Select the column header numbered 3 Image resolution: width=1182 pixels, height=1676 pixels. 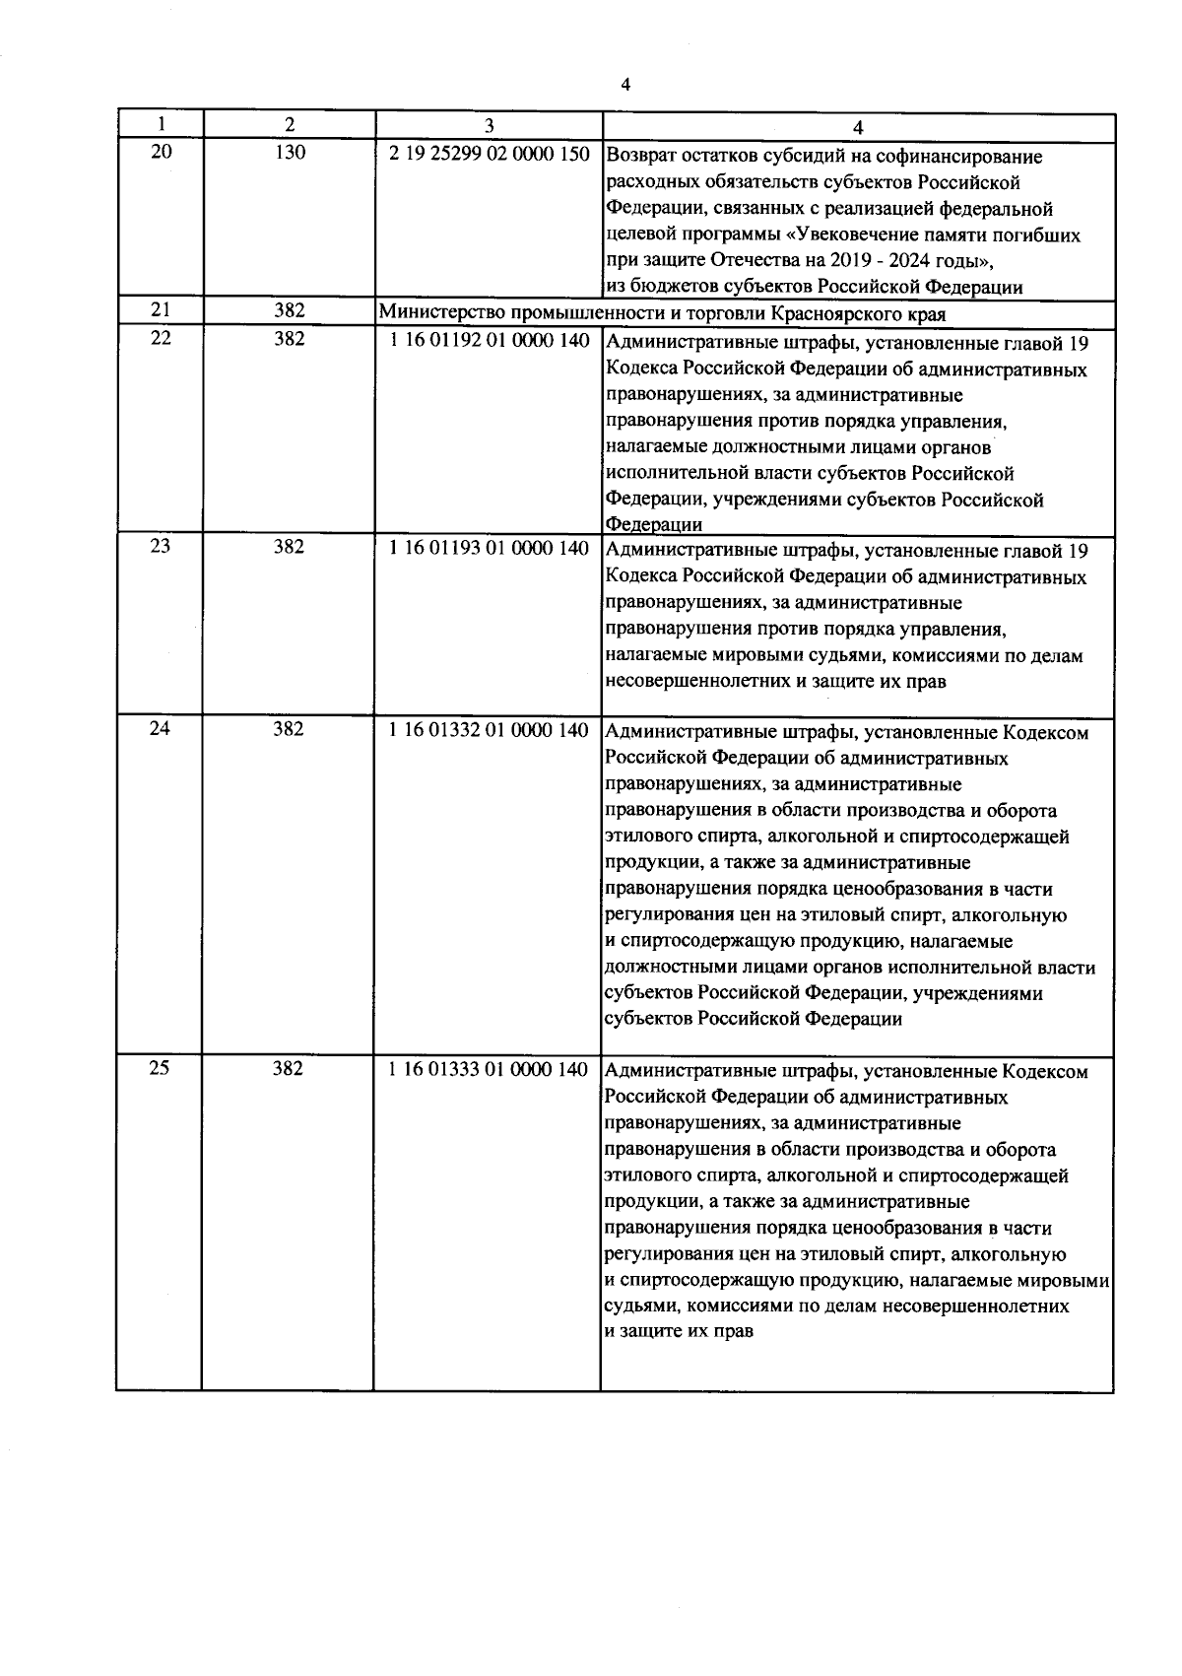tap(489, 125)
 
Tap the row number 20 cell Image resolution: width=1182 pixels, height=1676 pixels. tap(160, 152)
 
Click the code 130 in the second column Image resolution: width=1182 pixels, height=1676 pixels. tap(289, 152)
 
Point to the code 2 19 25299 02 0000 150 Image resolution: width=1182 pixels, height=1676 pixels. tap(490, 155)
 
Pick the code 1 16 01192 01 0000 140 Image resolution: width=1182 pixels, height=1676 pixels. tap(490, 341)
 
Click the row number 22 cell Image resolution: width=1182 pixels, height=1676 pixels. tap(160, 339)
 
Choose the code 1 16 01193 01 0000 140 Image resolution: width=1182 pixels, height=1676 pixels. tap(490, 548)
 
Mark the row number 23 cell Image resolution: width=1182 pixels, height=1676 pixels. tap(160, 546)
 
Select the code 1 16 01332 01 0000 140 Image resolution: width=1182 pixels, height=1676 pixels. tap(490, 730)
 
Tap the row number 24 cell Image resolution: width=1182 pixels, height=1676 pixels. tap(160, 729)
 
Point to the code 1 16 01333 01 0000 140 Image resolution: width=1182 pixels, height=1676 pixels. tap(490, 1069)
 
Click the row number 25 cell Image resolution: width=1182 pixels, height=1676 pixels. tap(160, 1068)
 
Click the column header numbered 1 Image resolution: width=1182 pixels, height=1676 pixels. tap(160, 125)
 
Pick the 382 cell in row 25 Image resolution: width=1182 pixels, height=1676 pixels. tap(289, 1068)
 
